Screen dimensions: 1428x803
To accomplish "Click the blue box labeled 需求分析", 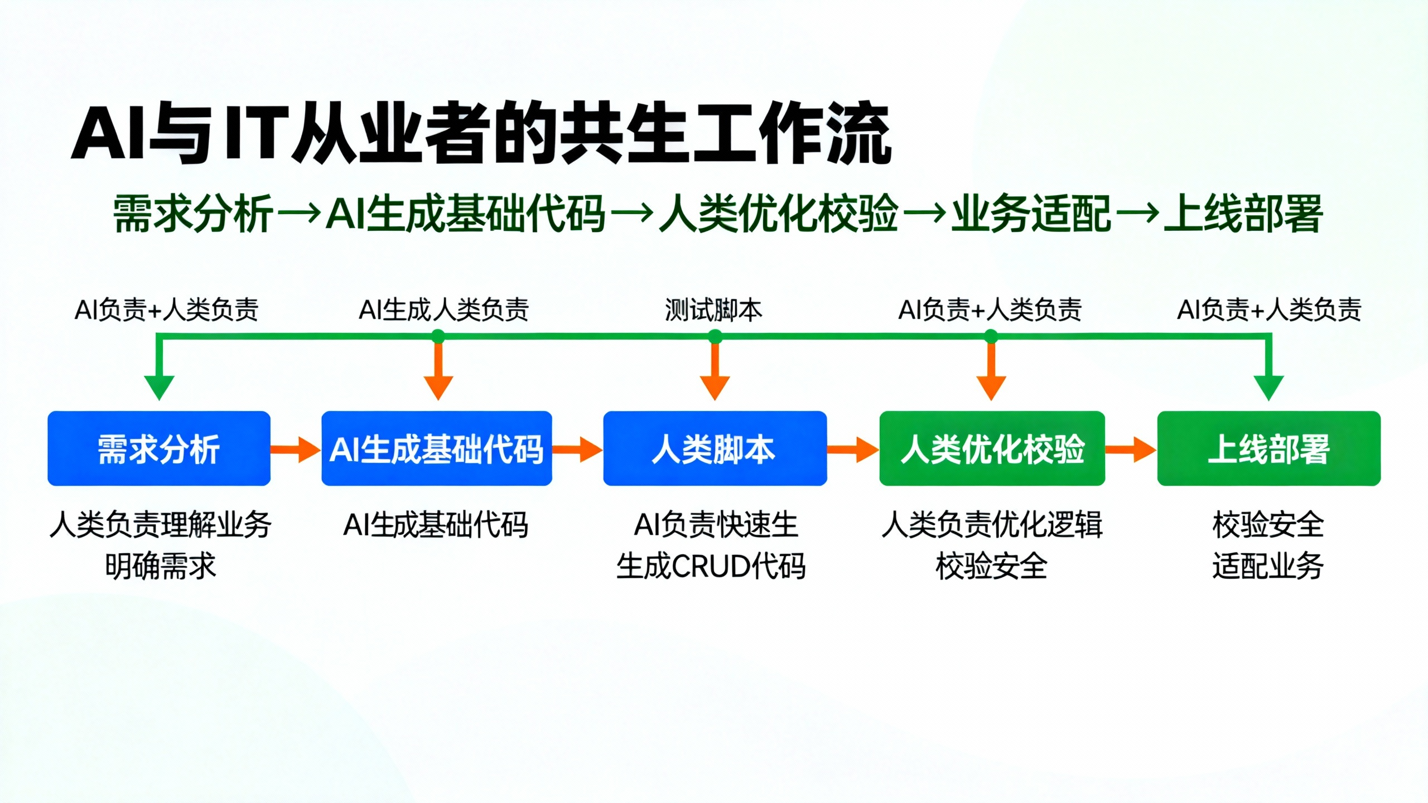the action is (159, 448).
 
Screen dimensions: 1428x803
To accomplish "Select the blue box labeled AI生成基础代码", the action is (437, 448).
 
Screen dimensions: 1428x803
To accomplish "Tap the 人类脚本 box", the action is (715, 448).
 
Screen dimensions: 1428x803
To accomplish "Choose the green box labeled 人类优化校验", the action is (992, 448).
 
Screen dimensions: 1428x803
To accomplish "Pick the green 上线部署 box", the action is (1269, 448).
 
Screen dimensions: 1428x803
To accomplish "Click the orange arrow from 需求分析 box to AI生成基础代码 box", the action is (296, 449).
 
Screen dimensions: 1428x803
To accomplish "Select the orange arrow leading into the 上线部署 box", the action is (1131, 449).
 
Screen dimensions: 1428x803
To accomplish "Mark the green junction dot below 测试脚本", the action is (715, 336).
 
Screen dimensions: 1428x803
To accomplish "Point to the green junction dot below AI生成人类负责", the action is (438, 336).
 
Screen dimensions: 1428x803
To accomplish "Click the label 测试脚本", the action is (713, 310).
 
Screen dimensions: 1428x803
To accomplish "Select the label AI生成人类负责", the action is (443, 310).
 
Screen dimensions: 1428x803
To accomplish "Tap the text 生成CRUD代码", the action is (711, 566).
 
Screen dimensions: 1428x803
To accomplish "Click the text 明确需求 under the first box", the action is (160, 566).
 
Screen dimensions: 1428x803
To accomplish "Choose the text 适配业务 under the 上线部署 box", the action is (1268, 566).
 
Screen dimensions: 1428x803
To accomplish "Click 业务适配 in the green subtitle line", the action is (1031, 213).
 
